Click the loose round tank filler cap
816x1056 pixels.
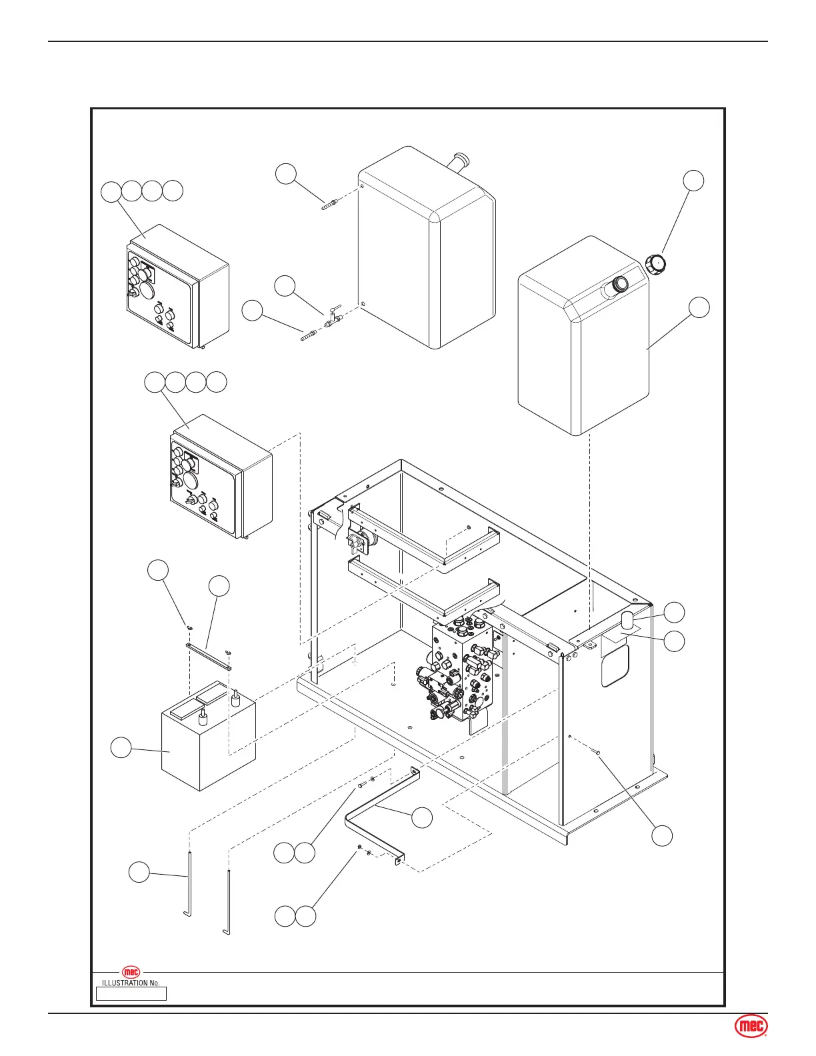[x=656, y=264]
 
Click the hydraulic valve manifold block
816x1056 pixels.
[x=463, y=673]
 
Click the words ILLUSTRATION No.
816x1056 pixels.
[x=131, y=983]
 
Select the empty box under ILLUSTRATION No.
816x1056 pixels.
[x=131, y=993]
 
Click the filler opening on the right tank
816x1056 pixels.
[x=618, y=286]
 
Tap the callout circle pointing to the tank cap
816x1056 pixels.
[x=694, y=180]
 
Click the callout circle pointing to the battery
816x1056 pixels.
[x=121, y=747]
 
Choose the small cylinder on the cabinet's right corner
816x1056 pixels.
[x=627, y=620]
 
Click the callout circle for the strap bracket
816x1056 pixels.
[x=422, y=818]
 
